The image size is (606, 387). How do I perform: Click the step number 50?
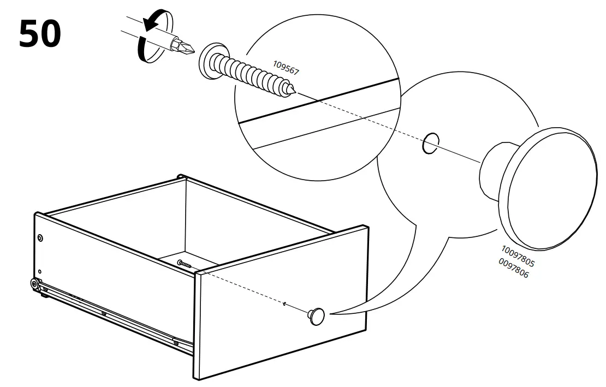(x=40, y=34)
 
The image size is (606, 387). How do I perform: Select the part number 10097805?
(x=518, y=256)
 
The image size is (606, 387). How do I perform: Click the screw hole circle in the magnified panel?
(x=431, y=143)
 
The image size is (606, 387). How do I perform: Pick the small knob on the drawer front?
(x=316, y=315)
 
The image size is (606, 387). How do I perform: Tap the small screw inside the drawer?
(x=185, y=265)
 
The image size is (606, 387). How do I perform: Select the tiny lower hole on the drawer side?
(x=40, y=271)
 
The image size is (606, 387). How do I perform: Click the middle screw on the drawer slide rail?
(x=104, y=313)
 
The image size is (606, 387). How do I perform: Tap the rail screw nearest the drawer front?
(x=176, y=342)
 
